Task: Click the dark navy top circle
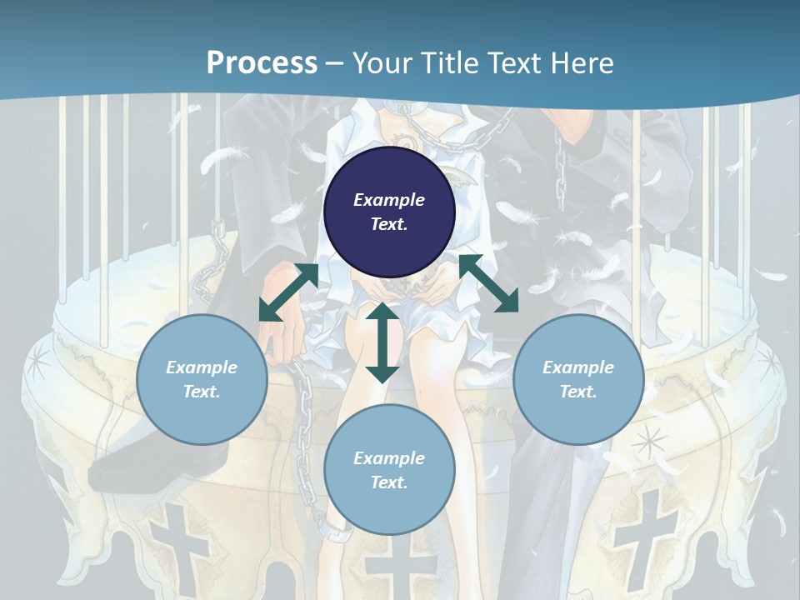[389, 212]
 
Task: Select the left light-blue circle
[202, 379]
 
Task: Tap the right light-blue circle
[578, 379]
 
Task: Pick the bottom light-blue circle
[389, 469]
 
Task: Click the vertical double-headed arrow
[382, 342]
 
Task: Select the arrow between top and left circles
[289, 292]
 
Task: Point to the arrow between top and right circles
[489, 283]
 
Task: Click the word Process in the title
[262, 62]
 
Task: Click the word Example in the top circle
[389, 199]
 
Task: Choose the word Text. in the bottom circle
[389, 482]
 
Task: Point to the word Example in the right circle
[578, 367]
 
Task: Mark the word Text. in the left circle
[202, 392]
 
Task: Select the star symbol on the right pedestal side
[648, 442]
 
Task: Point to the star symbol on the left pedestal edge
[38, 363]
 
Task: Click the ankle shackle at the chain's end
[337, 532]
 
